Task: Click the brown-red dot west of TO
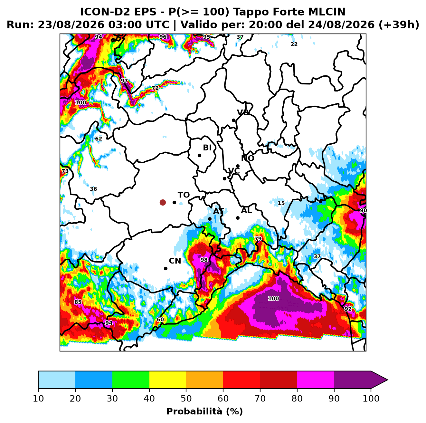click(x=163, y=202)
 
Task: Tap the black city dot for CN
click(x=166, y=268)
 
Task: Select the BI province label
click(x=207, y=148)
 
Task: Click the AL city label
click(x=246, y=210)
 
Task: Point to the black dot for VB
click(x=233, y=120)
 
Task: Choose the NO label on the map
click(x=248, y=158)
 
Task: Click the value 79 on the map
click(x=258, y=239)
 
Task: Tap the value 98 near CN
click(x=204, y=260)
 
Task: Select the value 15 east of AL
click(x=281, y=203)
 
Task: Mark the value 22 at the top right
click(x=294, y=44)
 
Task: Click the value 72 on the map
click(x=155, y=88)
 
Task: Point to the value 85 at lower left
click(x=78, y=302)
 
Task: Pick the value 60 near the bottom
click(x=160, y=320)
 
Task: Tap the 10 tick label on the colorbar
click(x=38, y=399)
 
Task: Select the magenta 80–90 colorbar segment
click(x=316, y=380)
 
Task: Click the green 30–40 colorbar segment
click(x=131, y=380)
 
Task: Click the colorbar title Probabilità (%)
click(x=204, y=412)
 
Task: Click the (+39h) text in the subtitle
click(x=399, y=25)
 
